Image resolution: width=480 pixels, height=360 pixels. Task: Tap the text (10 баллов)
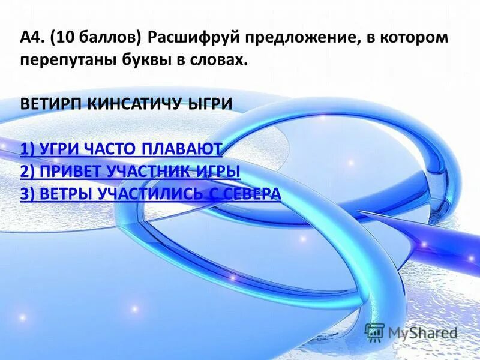point(94,39)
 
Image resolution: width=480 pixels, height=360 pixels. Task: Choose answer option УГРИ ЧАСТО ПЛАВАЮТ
point(121,149)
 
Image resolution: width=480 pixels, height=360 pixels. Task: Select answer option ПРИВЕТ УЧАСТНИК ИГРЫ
point(130,171)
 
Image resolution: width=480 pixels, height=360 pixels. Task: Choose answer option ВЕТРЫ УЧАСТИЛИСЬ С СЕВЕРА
point(150,193)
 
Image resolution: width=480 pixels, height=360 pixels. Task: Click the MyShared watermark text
point(423,332)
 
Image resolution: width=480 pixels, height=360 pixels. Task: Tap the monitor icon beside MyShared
point(375,332)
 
